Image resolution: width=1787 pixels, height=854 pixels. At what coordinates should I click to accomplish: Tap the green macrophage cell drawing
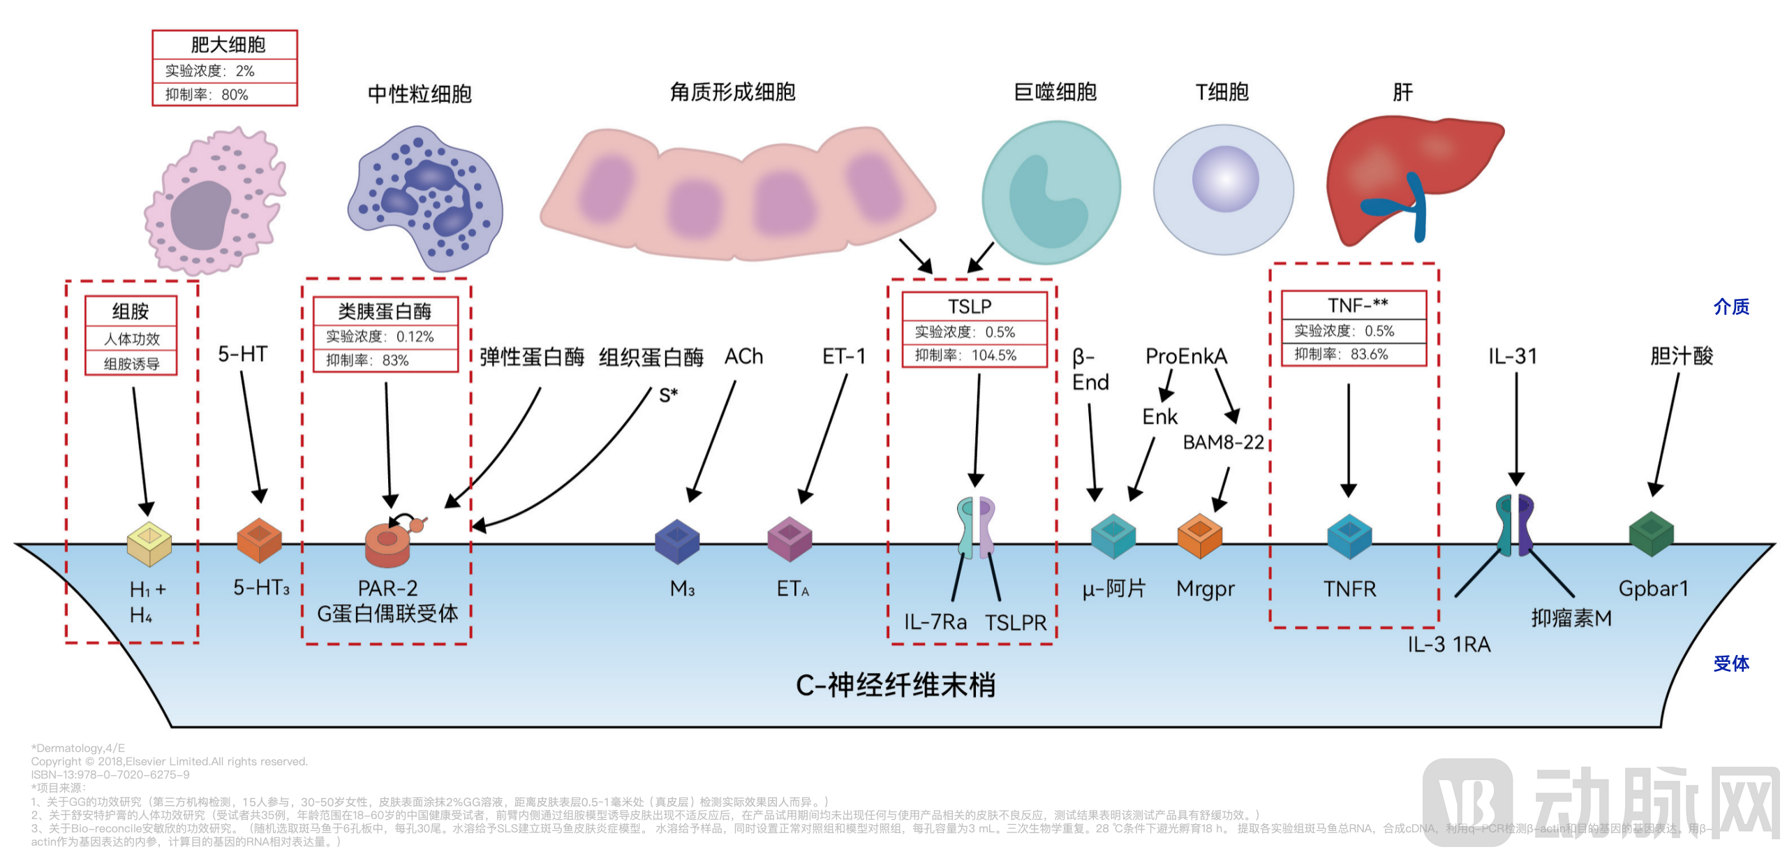[1051, 192]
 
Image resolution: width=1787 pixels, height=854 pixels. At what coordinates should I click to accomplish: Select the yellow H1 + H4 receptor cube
[149, 543]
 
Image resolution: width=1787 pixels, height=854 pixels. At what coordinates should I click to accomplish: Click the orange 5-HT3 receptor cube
[259, 540]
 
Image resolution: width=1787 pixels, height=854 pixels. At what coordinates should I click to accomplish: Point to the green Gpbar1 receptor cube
[1651, 533]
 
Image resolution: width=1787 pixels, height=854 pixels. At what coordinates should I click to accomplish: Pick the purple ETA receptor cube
[789, 538]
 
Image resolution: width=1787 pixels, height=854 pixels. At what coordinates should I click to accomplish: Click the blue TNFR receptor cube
[1349, 536]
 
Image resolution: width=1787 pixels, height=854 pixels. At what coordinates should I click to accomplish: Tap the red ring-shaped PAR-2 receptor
[387, 545]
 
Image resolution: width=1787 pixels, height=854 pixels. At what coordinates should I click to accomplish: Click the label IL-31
[1512, 357]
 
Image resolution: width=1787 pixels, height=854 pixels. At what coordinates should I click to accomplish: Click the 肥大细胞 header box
[225, 45]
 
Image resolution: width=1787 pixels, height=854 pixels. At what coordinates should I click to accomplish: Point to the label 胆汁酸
[1681, 356]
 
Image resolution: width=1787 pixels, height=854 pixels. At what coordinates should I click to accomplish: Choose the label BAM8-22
[1223, 442]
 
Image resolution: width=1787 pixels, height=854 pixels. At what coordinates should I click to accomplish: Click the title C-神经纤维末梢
[895, 685]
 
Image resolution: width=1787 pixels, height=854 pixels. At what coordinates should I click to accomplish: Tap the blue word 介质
[1730, 307]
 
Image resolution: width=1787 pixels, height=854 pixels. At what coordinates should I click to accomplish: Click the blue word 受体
[1730, 663]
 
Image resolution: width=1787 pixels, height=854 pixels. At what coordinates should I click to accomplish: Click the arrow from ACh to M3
[712, 440]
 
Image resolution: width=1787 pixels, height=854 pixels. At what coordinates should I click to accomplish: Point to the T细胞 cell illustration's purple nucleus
[1225, 179]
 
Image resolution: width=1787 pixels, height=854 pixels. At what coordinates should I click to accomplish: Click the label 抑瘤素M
[1571, 618]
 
